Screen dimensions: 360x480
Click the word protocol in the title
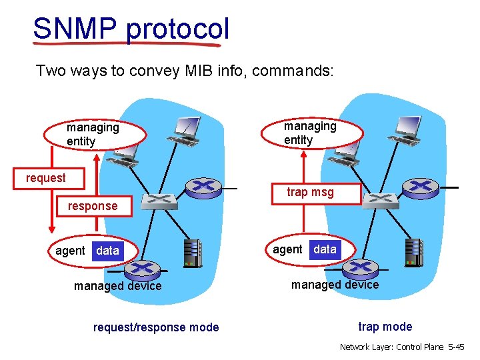(177, 29)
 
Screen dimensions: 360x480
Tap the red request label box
(45, 178)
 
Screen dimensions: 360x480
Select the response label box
(92, 206)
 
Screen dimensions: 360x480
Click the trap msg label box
(310, 192)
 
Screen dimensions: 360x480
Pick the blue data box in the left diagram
(107, 251)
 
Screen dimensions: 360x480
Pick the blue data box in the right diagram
(325, 249)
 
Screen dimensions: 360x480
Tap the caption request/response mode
(155, 327)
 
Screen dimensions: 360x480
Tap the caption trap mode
(385, 327)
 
